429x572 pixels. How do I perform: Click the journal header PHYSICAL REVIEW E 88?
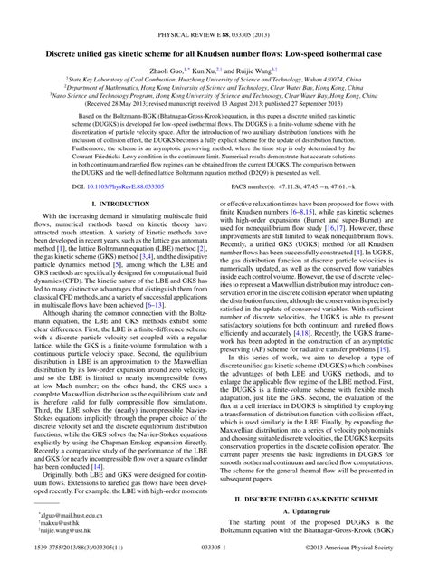[x=214, y=11]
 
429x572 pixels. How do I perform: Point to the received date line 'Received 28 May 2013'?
[x=214, y=102]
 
